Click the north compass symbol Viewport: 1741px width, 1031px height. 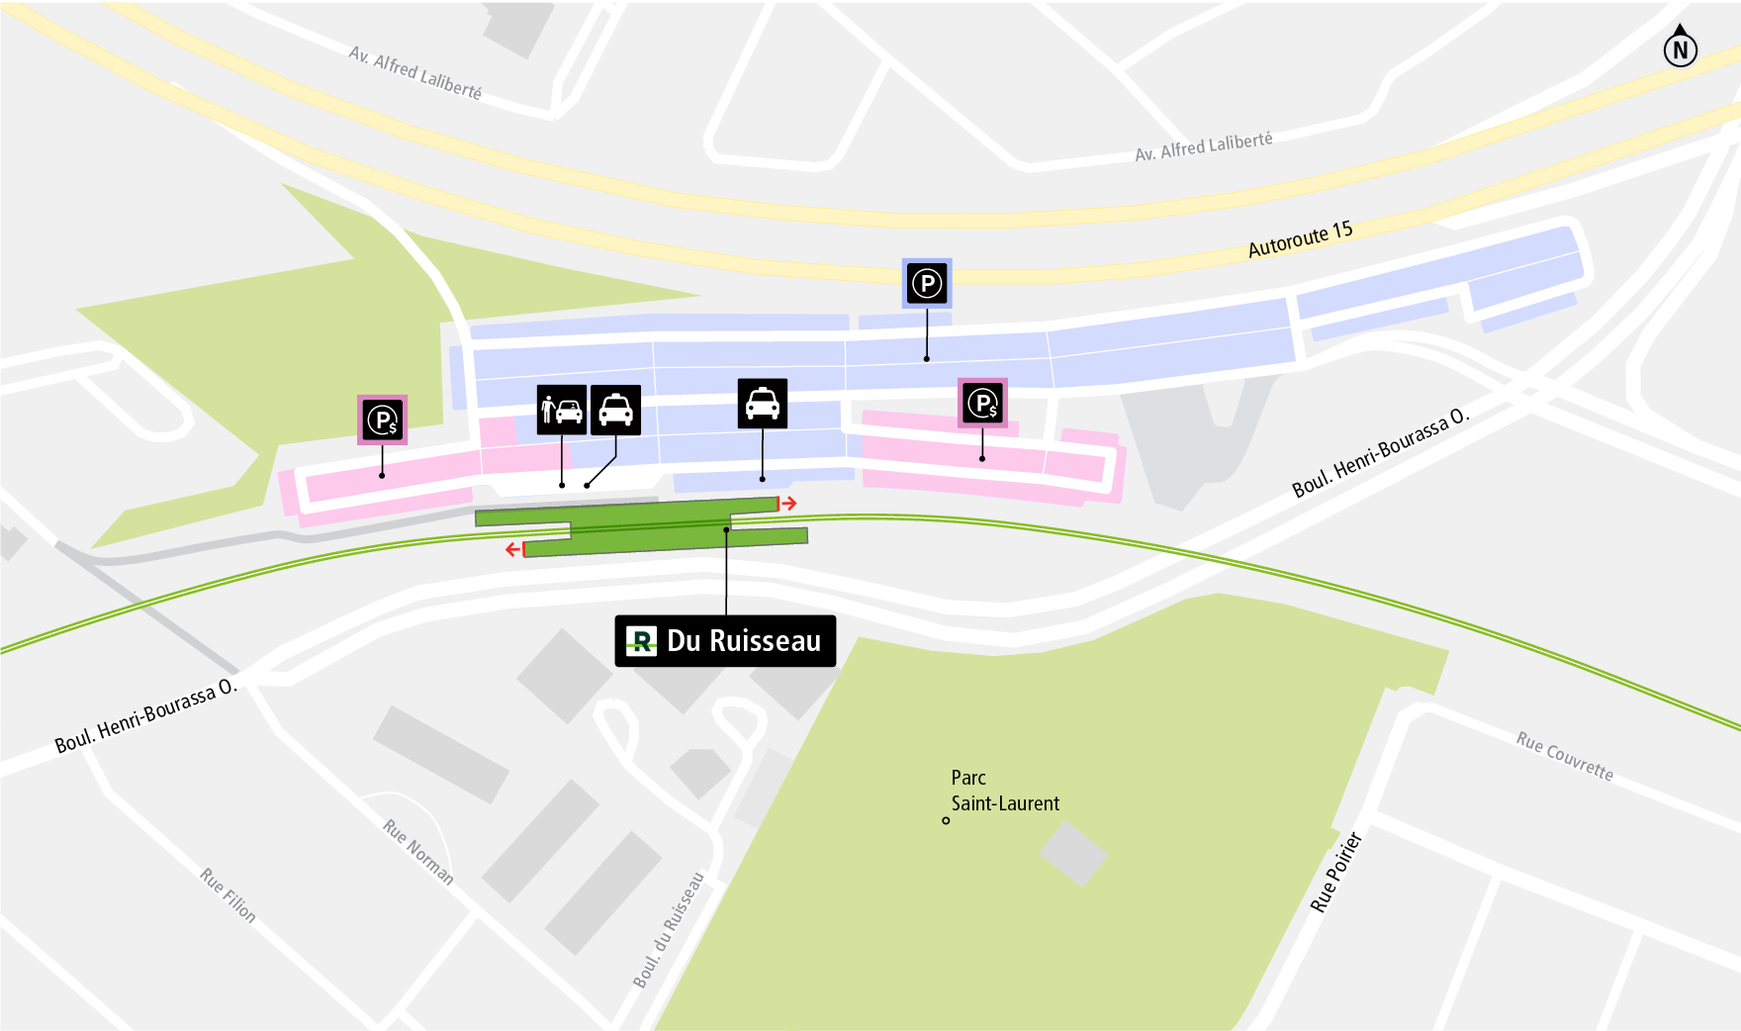1680,47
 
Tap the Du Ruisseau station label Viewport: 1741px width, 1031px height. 725,641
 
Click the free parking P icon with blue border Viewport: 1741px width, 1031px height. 927,284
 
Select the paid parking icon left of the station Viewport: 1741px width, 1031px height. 382,421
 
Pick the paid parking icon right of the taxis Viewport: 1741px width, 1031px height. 982,403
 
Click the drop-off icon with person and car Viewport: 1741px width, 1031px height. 561,410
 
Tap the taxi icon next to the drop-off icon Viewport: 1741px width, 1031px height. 615,410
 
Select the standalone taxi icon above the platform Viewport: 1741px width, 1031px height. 762,404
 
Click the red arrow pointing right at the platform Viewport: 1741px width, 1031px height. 788,504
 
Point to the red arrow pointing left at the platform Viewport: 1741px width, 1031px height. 513,549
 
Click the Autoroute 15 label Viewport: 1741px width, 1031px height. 1300,238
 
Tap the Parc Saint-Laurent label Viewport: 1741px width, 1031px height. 1004,791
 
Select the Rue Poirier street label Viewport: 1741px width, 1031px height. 1335,872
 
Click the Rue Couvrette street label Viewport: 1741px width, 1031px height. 1564,756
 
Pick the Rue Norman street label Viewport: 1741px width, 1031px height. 418,851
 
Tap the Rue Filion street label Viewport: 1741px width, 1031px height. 228,894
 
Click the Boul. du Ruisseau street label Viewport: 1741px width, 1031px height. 669,929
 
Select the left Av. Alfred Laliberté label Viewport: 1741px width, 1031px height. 415,72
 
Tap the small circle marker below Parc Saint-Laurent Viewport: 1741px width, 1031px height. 946,820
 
